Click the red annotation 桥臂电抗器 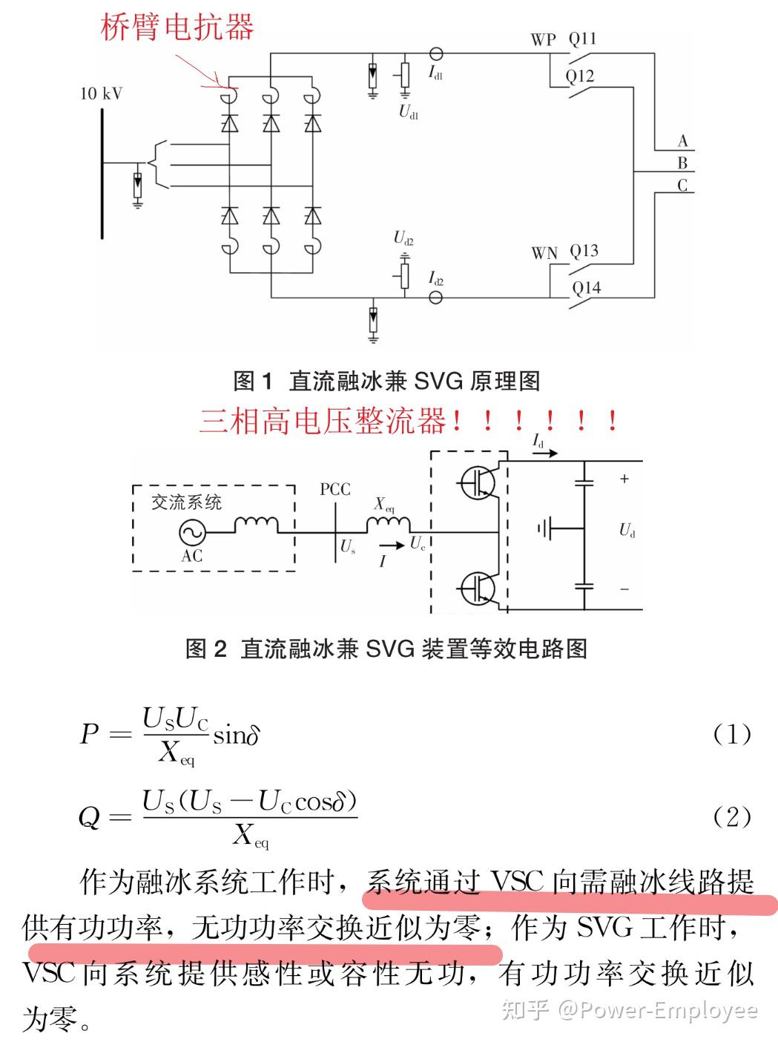click(x=177, y=27)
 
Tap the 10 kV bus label click(x=102, y=94)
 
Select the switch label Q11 click(x=582, y=39)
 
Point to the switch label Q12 click(x=580, y=76)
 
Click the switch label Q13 click(x=584, y=251)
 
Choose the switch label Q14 click(x=587, y=287)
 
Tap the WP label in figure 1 click(x=544, y=39)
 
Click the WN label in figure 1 click(x=544, y=254)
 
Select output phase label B click(x=682, y=163)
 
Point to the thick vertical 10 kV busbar click(x=102, y=174)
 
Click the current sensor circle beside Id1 click(x=435, y=53)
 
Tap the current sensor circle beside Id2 click(x=435, y=298)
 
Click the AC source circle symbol click(x=192, y=532)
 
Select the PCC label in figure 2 click(x=335, y=490)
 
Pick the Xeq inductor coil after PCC click(x=389, y=525)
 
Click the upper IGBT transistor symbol click(x=478, y=482)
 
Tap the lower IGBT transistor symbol click(x=478, y=589)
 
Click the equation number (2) click(x=731, y=817)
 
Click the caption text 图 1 click(x=253, y=381)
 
